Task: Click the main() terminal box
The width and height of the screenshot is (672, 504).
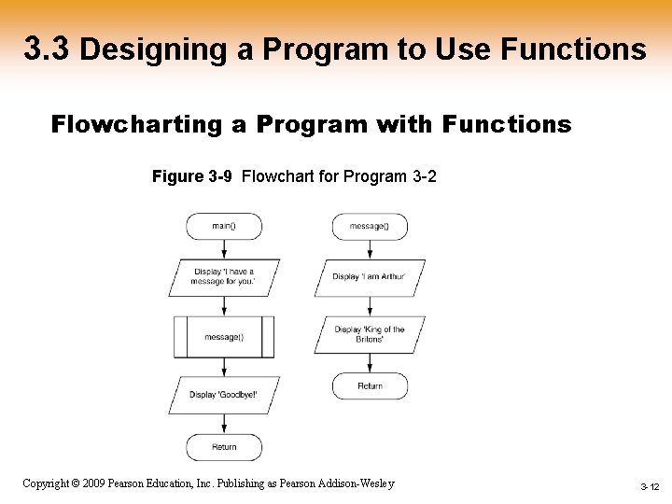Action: point(224,226)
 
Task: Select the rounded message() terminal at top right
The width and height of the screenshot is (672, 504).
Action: point(370,226)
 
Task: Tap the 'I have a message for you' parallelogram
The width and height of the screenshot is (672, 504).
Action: point(224,276)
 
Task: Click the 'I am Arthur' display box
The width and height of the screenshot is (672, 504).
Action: point(370,276)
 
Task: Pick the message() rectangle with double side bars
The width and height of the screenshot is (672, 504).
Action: point(224,336)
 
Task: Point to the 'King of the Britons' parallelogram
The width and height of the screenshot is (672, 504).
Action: point(370,334)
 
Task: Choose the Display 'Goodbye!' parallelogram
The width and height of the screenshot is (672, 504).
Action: point(224,394)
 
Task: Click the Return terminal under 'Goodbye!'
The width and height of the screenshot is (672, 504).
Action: point(224,447)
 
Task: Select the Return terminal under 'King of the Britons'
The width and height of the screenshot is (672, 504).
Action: point(370,385)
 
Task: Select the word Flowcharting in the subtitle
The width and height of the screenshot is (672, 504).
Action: point(133,124)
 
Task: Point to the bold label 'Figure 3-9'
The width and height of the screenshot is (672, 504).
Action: point(191,176)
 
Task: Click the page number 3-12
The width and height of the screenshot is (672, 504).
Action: point(650,487)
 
